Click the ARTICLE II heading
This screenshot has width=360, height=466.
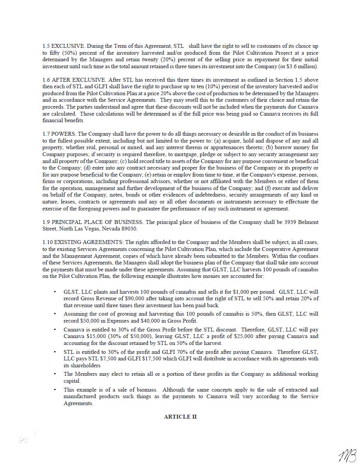click(180, 417)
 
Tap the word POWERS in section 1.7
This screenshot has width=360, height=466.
click(64, 134)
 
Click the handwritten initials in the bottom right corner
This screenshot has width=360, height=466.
click(347, 456)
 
